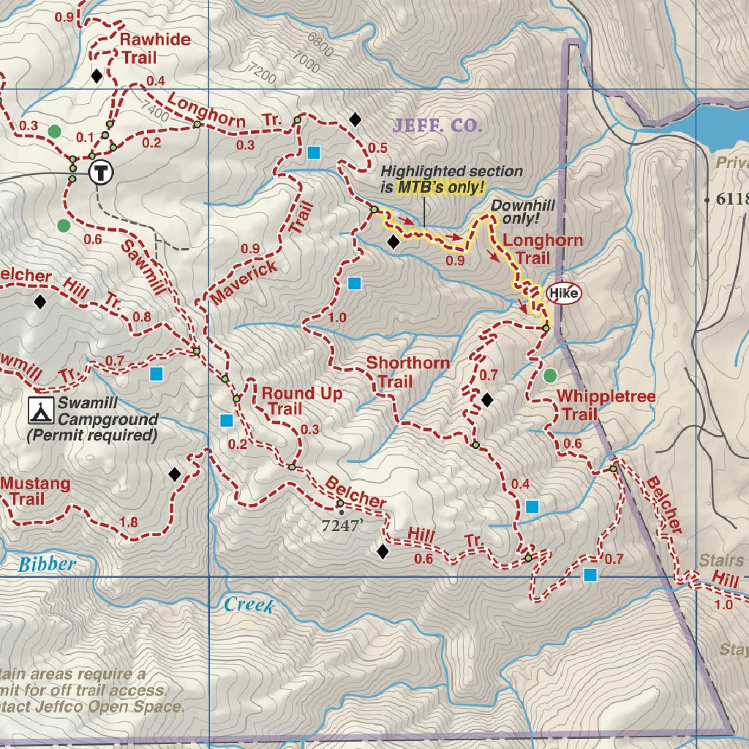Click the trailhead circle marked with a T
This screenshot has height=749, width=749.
(x=101, y=173)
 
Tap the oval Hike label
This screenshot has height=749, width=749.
(x=564, y=294)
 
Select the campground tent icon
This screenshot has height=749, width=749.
(x=40, y=411)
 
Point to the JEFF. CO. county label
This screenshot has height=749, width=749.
(x=437, y=125)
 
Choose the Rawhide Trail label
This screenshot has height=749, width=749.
(x=155, y=48)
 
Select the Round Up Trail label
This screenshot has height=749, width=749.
(x=301, y=402)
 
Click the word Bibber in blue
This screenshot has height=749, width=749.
(x=47, y=564)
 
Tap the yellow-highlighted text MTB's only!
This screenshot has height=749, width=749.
(x=441, y=187)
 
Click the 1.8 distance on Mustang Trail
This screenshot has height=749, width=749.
(x=128, y=522)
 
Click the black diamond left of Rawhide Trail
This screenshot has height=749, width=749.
(x=96, y=75)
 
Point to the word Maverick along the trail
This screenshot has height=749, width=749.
(x=244, y=282)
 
